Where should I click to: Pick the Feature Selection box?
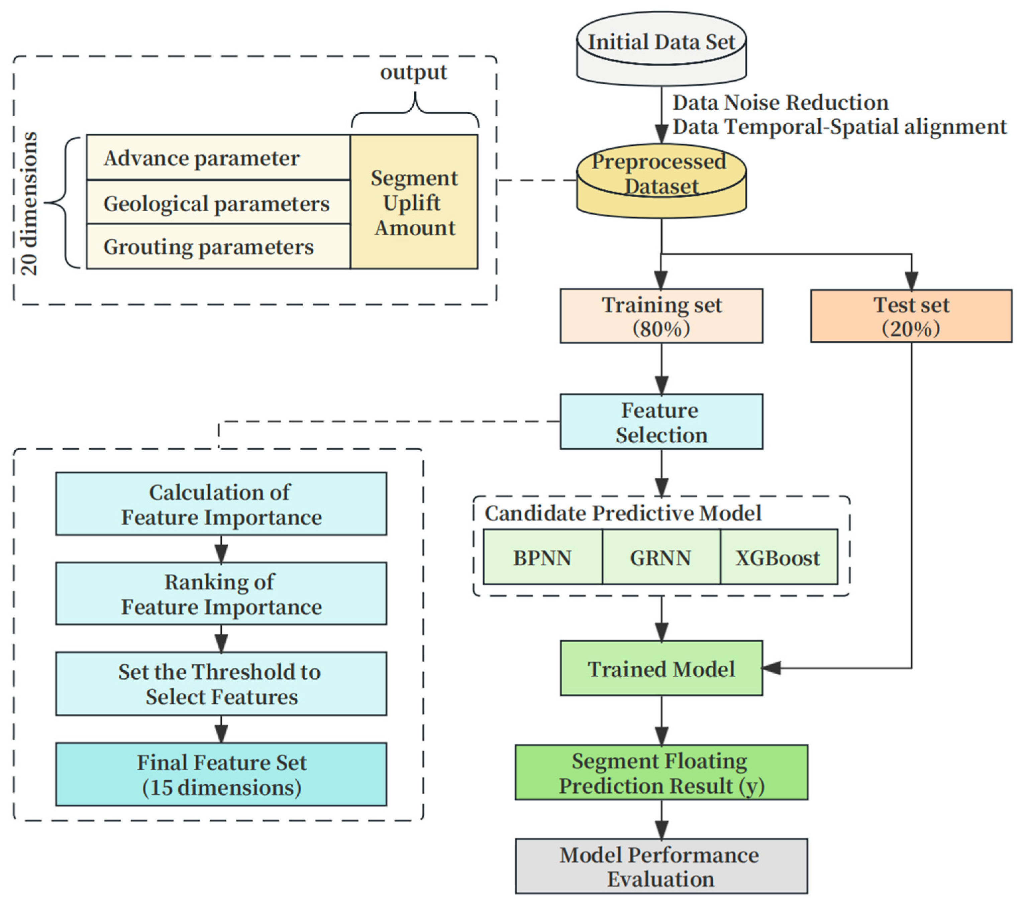[x=661, y=422]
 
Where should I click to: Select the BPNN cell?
[x=542, y=557]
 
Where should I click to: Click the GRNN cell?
[x=660, y=557]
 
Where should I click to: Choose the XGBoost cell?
[x=778, y=557]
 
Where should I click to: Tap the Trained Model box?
[x=661, y=669]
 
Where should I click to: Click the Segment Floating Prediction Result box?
[x=661, y=773]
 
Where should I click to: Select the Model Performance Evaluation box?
[x=661, y=867]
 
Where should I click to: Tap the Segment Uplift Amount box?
[x=414, y=202]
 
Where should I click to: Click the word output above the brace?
[x=414, y=72]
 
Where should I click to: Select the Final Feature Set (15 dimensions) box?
[x=221, y=775]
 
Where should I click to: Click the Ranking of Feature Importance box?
[x=221, y=594]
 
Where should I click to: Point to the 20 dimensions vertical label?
[x=29, y=203]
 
